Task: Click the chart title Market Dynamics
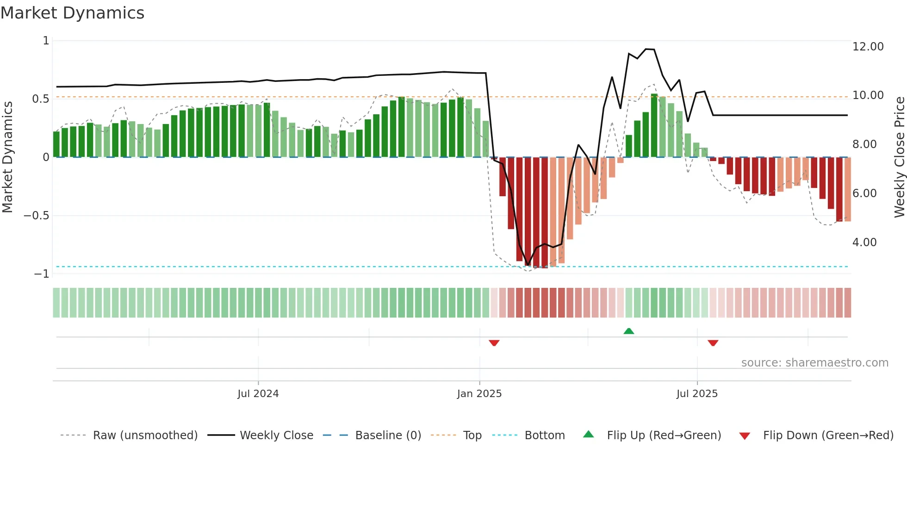(x=72, y=13)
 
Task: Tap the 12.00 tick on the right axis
(x=868, y=47)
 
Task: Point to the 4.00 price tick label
(x=864, y=243)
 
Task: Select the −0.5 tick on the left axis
(x=36, y=216)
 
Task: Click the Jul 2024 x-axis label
(x=258, y=394)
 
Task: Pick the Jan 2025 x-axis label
(x=479, y=394)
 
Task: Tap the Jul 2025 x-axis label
(x=697, y=394)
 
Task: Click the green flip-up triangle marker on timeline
(x=628, y=331)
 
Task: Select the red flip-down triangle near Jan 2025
(x=494, y=343)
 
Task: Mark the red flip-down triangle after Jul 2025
(x=713, y=343)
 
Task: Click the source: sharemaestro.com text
(x=814, y=363)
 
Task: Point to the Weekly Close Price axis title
(x=899, y=157)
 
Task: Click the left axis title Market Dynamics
(x=7, y=157)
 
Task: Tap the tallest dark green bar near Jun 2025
(x=654, y=126)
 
